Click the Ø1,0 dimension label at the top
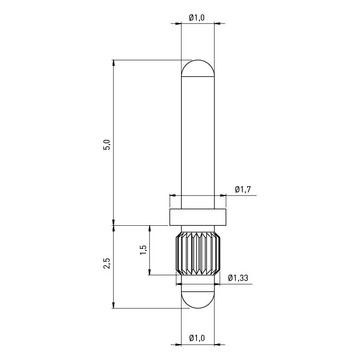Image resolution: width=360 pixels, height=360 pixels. coord(197,17)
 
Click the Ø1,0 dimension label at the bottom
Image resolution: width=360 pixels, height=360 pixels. coord(197,338)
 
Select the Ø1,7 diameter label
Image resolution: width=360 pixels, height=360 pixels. coord(243,189)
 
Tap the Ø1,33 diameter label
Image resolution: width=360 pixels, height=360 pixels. coord(238,278)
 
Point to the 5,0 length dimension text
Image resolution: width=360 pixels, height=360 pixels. coord(107,145)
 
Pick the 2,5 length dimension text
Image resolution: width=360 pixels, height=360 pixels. coord(107,263)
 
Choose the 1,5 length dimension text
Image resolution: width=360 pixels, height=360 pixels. coord(143,250)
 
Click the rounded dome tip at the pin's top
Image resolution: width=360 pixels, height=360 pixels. coord(198,68)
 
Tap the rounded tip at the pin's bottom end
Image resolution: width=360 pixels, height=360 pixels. coord(198,300)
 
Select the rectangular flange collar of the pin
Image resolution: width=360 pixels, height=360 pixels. coord(198,217)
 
